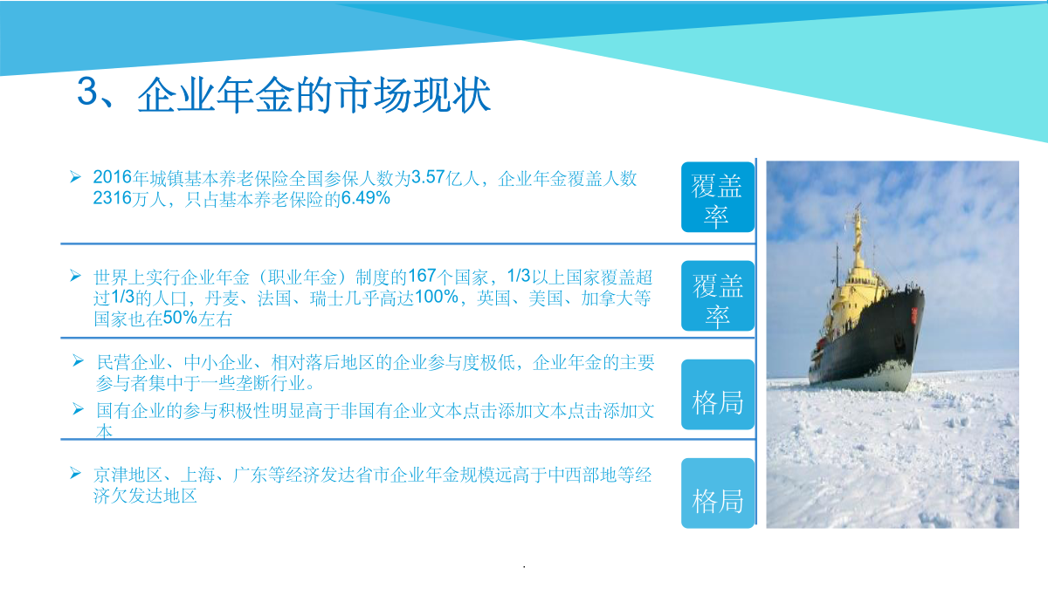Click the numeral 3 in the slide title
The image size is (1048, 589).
click(x=88, y=92)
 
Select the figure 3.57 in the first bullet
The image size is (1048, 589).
click(x=428, y=178)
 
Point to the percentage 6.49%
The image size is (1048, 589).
click(x=365, y=198)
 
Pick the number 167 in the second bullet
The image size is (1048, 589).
click(x=422, y=276)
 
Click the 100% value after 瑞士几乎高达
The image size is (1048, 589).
click(x=437, y=297)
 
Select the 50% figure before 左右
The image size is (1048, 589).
click(x=180, y=318)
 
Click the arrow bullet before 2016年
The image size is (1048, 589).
click(x=75, y=176)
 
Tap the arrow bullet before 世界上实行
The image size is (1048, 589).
click(x=75, y=276)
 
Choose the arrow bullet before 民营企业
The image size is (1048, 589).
click(x=78, y=360)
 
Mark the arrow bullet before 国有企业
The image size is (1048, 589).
click(x=78, y=409)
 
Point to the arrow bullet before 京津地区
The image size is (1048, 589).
click(x=75, y=473)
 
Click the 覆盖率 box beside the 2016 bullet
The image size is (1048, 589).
click(x=718, y=197)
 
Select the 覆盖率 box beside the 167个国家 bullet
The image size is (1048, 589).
click(x=718, y=296)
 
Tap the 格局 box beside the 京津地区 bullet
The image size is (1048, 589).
click(x=718, y=493)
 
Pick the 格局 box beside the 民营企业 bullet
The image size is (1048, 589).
click(x=718, y=394)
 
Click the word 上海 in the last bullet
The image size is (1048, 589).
click(x=197, y=475)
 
